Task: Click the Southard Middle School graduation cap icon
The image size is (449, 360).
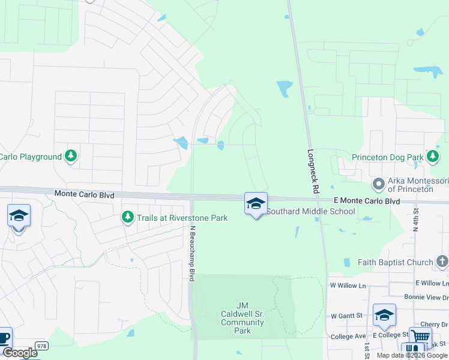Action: pos(256,203)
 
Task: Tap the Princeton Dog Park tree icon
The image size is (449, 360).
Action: pos(432,157)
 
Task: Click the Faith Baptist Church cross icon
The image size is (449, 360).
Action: pos(442,262)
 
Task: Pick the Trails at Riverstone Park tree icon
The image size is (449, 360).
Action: pos(127,217)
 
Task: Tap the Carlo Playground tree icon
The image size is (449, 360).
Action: pos(71,157)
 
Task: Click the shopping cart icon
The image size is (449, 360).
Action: pos(420,337)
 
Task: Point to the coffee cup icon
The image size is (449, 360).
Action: pos(3,338)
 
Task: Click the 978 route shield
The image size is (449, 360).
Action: pos(41,346)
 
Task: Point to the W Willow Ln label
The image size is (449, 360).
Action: pos(348,286)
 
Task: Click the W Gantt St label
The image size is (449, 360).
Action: pos(347,315)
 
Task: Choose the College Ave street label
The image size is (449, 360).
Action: pos(348,337)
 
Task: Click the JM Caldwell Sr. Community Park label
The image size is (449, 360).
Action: pos(243,318)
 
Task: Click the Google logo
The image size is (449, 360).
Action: pos(19,353)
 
